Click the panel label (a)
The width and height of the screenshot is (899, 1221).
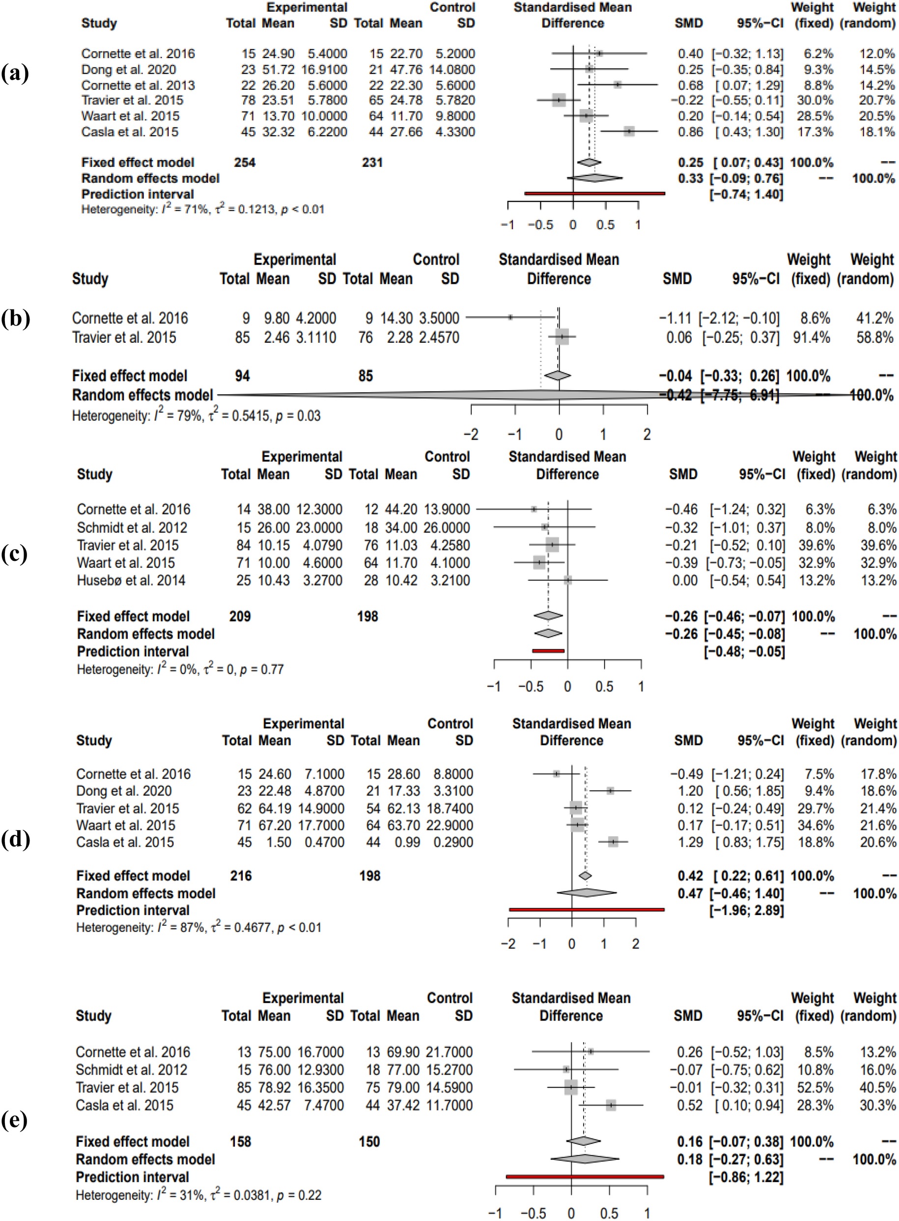pos(15,73)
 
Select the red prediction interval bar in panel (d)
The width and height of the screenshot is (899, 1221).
pos(586,909)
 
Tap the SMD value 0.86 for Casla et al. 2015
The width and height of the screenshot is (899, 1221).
pos(690,132)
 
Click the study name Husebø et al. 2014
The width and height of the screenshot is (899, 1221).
pos(131,581)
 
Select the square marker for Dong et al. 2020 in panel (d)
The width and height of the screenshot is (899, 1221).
pos(610,791)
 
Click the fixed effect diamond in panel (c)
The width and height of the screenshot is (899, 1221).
pos(548,616)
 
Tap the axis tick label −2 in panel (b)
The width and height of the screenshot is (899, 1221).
pos(471,434)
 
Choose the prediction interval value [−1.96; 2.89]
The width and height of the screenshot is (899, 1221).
pos(746,910)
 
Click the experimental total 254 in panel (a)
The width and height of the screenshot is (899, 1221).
pos(244,162)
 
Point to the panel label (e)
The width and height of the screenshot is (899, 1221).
pos(15,1120)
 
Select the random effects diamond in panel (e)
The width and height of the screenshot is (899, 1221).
pos(585,1159)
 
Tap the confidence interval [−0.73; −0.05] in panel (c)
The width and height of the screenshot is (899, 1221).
pos(745,563)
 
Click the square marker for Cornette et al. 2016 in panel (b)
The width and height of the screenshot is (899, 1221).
pos(510,317)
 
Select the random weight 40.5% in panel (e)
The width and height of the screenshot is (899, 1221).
pos(878,1088)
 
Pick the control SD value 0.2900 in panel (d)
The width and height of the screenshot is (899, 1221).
pos(453,842)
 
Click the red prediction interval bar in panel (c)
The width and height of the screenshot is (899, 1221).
pos(548,651)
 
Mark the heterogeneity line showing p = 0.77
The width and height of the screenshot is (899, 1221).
pos(180,669)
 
